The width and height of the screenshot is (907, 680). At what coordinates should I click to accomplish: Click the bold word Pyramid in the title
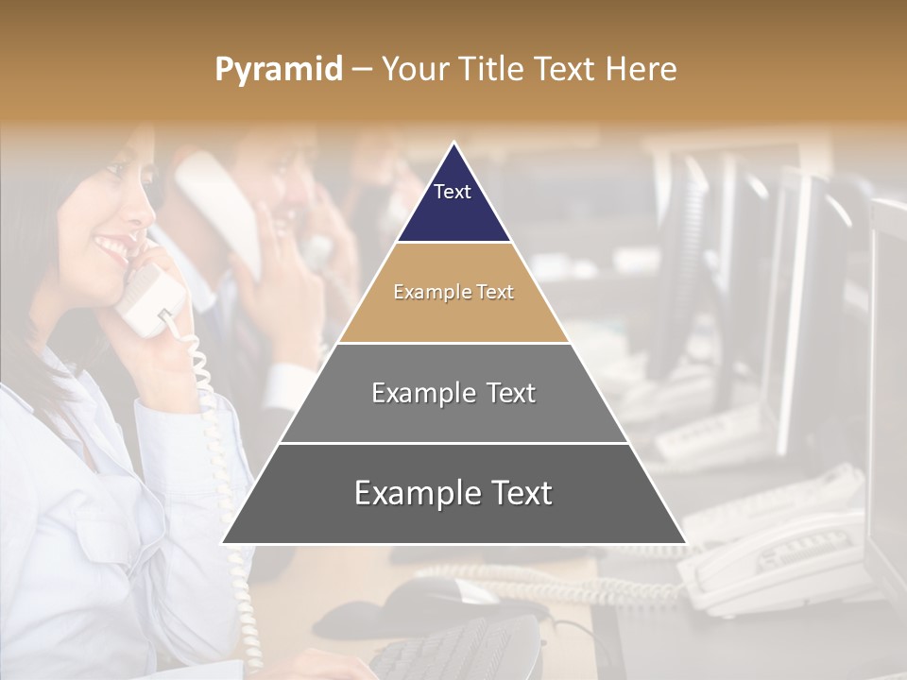[279, 70]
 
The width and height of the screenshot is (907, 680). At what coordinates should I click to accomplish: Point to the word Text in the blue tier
[453, 192]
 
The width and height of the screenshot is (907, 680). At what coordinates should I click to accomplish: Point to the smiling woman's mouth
[112, 247]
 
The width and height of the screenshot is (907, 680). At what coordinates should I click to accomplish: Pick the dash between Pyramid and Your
[362, 70]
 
